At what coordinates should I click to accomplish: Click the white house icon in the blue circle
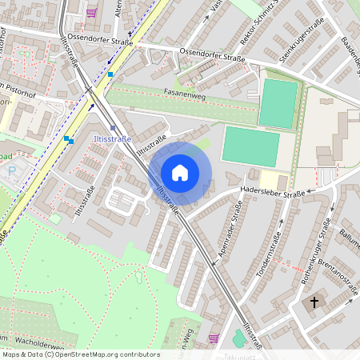(x=180, y=172)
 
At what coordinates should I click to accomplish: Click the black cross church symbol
(x=314, y=303)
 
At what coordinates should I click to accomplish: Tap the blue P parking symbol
(x=11, y=170)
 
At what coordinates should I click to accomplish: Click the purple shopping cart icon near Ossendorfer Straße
(x=93, y=12)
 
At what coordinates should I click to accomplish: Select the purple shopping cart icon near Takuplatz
(x=212, y=338)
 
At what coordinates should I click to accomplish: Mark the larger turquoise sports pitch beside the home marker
(x=250, y=146)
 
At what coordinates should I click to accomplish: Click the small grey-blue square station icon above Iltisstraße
(x=113, y=127)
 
